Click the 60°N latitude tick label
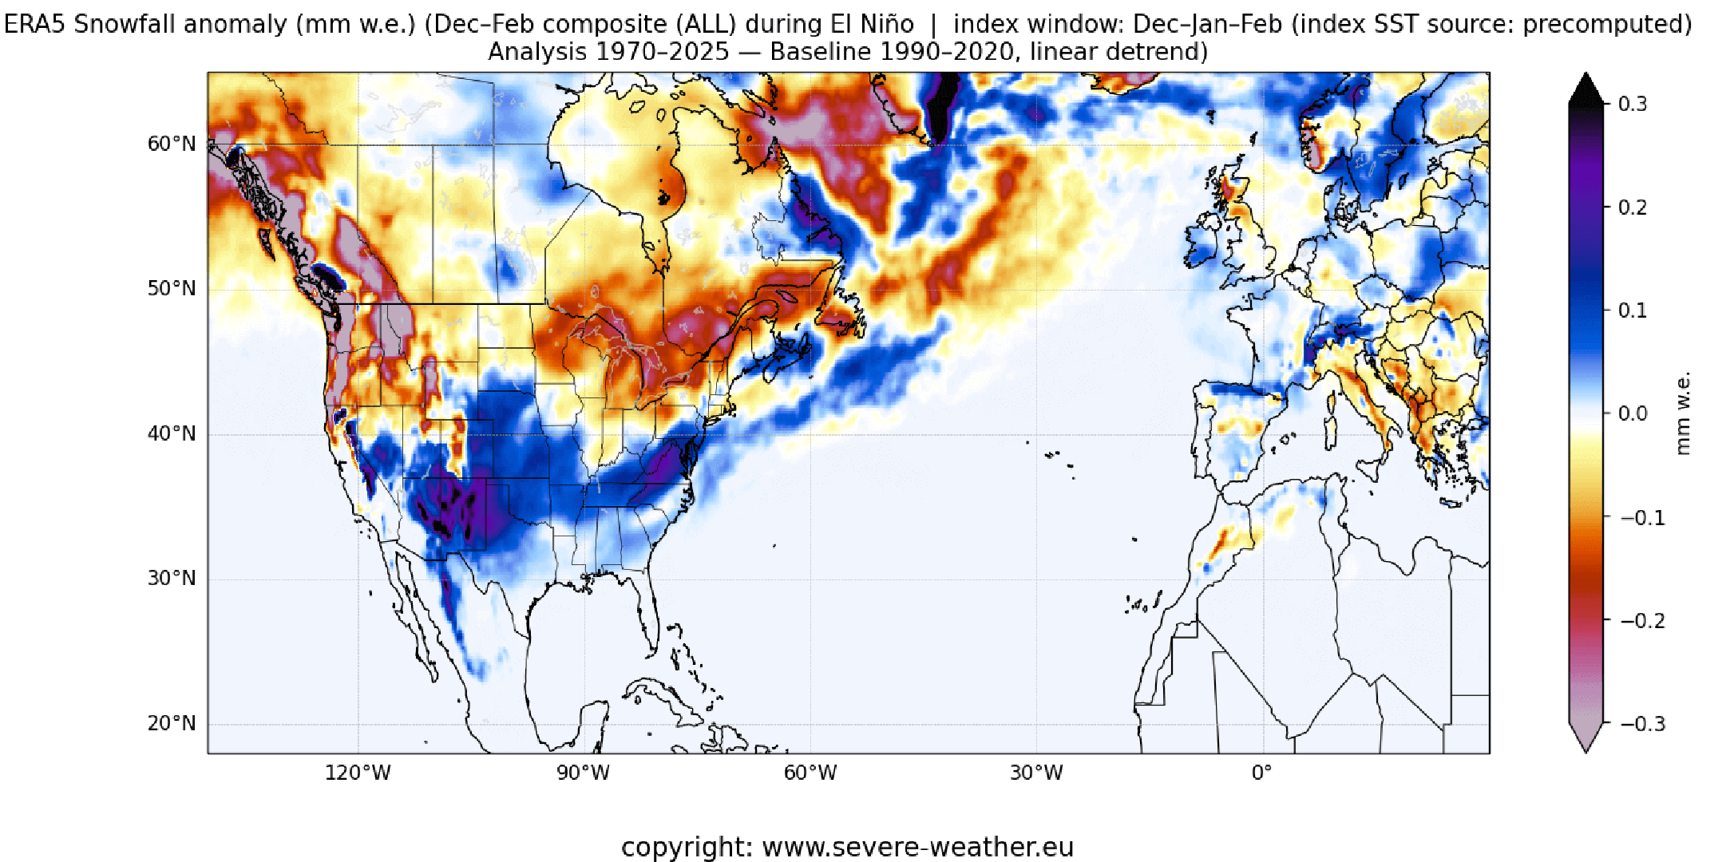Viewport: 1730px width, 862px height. pos(171,144)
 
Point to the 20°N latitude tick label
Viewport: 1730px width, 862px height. pos(171,723)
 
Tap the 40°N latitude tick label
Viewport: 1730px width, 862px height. pos(171,433)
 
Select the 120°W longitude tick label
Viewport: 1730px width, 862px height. pos(358,773)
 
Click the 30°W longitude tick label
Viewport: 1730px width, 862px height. pos(1036,773)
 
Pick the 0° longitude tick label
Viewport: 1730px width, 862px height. pos(1262,773)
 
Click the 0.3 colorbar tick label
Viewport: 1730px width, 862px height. pos(1633,104)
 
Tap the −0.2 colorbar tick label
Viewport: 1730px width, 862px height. pos(1642,621)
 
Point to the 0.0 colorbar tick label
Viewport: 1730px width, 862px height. pos(1633,413)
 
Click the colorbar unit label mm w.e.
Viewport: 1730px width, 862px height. pos(1683,413)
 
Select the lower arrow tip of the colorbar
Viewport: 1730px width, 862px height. pos(1586,747)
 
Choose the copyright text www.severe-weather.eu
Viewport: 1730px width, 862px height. pos(918,847)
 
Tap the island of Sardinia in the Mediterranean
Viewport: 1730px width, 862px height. pos(1330,432)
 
